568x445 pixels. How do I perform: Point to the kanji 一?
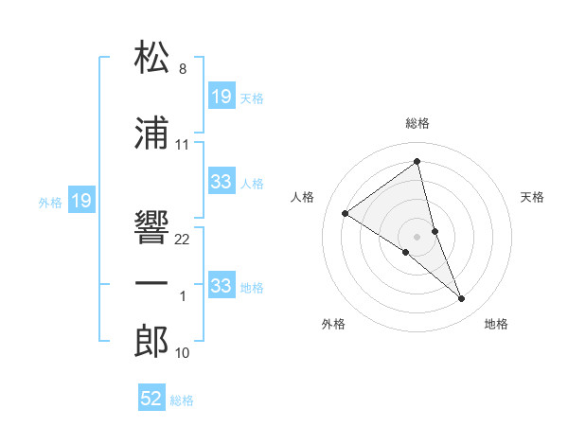(151, 284)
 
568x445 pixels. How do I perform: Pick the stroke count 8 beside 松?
(183, 70)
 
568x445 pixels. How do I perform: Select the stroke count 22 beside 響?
(183, 240)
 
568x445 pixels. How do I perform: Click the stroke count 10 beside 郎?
(183, 353)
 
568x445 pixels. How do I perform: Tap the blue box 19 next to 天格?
(221, 98)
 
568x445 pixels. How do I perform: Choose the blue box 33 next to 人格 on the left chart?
(221, 183)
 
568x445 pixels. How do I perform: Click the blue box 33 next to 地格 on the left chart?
(221, 286)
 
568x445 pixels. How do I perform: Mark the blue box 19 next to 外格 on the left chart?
(81, 201)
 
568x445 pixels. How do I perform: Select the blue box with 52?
(151, 400)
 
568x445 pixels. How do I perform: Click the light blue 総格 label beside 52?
(182, 400)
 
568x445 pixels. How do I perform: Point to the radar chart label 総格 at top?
(417, 123)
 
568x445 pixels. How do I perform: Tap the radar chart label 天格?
(533, 197)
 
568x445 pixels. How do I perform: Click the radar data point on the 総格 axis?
(417, 162)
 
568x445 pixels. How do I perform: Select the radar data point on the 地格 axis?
(462, 298)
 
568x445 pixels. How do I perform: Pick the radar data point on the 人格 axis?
(346, 213)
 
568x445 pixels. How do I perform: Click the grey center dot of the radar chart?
(417, 236)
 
